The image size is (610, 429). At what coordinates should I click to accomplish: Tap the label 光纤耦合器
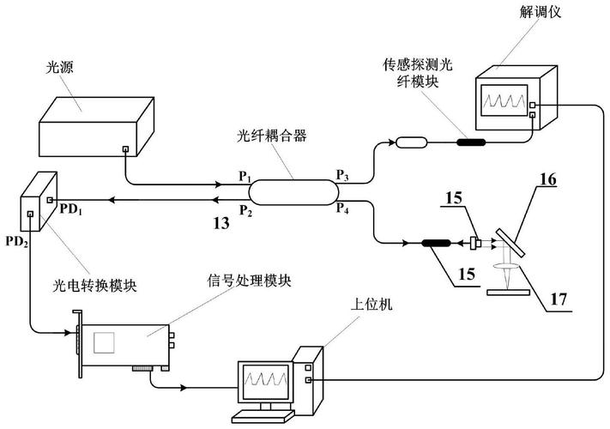[267, 136]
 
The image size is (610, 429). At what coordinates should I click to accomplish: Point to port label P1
[245, 176]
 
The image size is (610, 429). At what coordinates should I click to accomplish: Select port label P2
[245, 209]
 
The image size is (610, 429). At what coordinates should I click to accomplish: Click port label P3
[342, 175]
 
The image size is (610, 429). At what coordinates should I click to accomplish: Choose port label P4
[342, 208]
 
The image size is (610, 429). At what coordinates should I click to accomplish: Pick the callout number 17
[559, 299]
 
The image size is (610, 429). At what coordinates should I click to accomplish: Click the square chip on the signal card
[108, 342]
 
